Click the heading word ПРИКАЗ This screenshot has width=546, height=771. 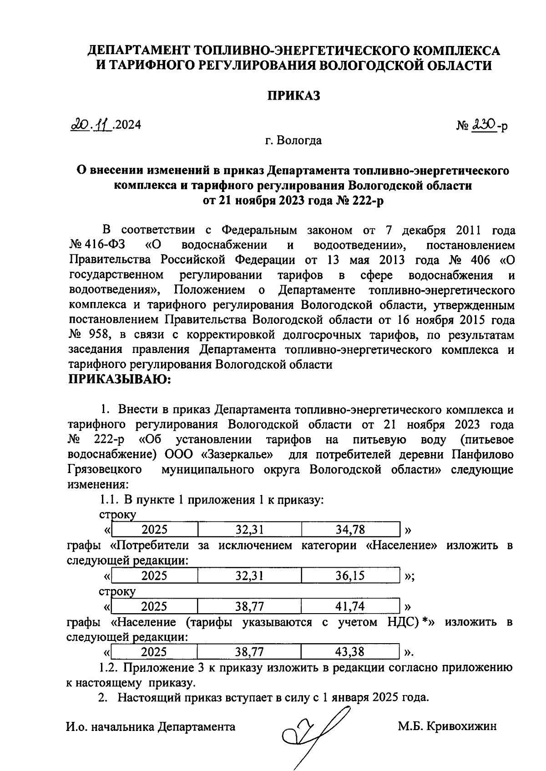click(x=293, y=96)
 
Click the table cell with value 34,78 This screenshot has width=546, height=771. click(x=350, y=529)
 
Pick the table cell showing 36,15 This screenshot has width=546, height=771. click(x=350, y=575)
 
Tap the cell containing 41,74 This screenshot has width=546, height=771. click(x=350, y=606)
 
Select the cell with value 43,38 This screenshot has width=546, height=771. click(x=350, y=652)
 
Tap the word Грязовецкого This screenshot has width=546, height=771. click(x=104, y=469)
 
